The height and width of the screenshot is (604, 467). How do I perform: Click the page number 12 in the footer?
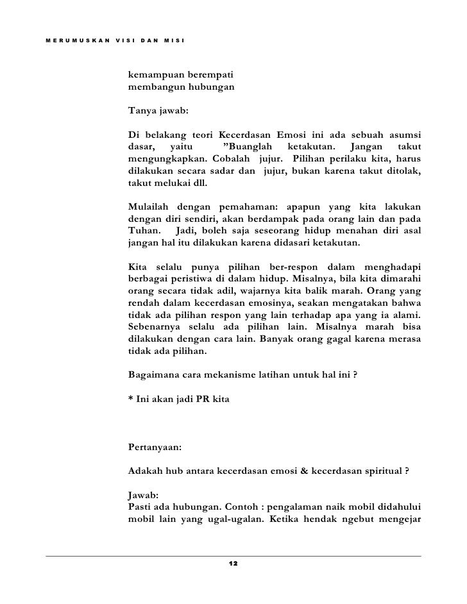[233, 563]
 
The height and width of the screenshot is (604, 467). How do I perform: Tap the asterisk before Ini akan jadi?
[131, 401]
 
